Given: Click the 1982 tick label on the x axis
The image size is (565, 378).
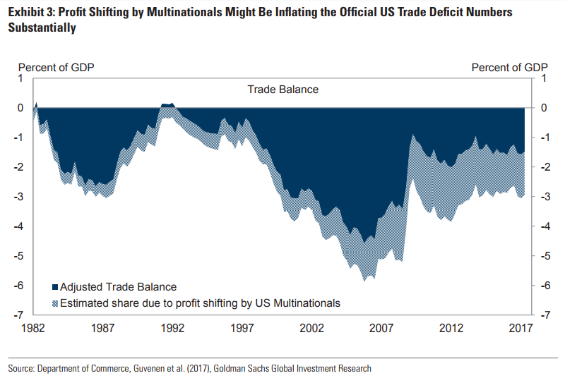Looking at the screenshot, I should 34,328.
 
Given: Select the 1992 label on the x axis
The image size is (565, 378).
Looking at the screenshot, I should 172,328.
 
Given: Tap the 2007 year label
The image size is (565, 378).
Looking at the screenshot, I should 381,328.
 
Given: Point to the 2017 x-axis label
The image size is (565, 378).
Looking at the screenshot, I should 521,328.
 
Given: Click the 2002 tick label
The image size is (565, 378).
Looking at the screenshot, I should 311,328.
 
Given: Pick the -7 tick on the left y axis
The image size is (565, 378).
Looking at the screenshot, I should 21,315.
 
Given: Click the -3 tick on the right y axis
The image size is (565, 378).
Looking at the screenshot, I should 543,197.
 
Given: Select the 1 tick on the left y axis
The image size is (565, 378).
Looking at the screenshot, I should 21,78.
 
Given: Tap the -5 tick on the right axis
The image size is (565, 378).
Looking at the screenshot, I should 543,256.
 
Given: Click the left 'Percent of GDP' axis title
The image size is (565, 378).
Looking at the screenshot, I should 56,68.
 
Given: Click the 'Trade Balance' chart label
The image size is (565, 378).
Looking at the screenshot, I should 282,90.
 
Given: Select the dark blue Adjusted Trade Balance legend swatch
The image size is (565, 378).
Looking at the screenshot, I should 55,287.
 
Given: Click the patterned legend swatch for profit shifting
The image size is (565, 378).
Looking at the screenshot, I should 55,303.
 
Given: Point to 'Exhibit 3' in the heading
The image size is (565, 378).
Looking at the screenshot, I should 30,13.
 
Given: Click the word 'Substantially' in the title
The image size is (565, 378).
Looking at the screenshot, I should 42,29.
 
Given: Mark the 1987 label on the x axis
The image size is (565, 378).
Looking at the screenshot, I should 103,328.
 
